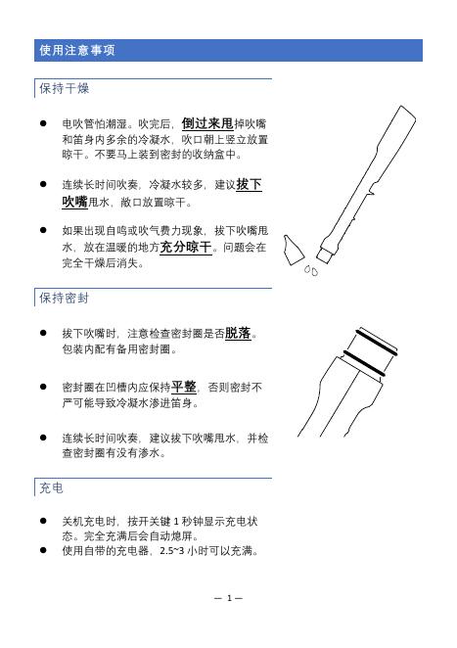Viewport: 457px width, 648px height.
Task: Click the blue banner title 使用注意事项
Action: pos(77,51)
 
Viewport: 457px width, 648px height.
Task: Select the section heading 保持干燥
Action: pos(64,88)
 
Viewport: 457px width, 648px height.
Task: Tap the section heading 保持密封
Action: pos(64,298)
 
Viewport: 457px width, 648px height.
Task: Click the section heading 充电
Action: pos(51,488)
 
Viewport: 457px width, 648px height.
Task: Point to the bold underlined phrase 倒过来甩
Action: pos(207,123)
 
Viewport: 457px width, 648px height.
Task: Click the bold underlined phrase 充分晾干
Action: pos(186,247)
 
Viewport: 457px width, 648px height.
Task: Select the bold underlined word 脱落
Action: pos(238,333)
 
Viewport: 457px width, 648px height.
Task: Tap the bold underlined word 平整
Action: pos(184,387)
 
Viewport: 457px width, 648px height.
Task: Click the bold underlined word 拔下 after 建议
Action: pos(249,184)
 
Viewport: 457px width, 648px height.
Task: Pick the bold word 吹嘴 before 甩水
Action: pos(74,202)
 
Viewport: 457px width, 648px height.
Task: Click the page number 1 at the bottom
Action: pos(229,598)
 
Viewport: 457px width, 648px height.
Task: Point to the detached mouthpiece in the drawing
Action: pos(293,250)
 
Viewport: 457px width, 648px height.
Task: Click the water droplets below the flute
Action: pos(311,271)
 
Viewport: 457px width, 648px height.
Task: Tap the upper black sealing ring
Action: pos(377,343)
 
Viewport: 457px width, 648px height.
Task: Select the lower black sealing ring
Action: pos(364,363)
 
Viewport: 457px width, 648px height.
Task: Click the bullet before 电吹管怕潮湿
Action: pos(43,123)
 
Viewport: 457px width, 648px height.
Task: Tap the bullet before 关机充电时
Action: pos(43,521)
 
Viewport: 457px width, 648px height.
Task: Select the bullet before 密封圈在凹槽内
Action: pos(43,387)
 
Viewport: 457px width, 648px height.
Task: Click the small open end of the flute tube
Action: pos(325,255)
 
